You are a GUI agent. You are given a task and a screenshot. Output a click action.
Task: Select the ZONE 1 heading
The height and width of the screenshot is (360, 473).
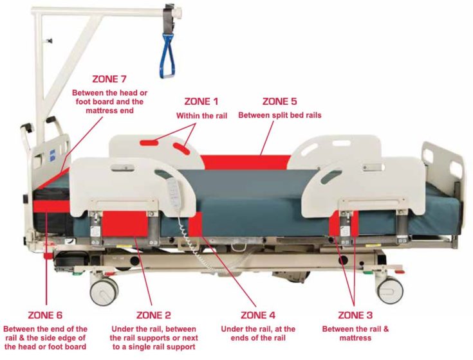click(x=201, y=102)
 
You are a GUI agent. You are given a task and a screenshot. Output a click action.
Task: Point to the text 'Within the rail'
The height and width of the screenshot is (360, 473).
click(x=201, y=116)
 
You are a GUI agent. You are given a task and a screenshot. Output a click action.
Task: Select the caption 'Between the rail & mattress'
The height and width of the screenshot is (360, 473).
click(x=355, y=334)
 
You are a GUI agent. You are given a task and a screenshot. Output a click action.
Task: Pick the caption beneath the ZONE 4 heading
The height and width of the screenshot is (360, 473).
click(x=258, y=334)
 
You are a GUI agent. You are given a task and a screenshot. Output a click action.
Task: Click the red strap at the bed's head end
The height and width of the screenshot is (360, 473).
click(x=45, y=206)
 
